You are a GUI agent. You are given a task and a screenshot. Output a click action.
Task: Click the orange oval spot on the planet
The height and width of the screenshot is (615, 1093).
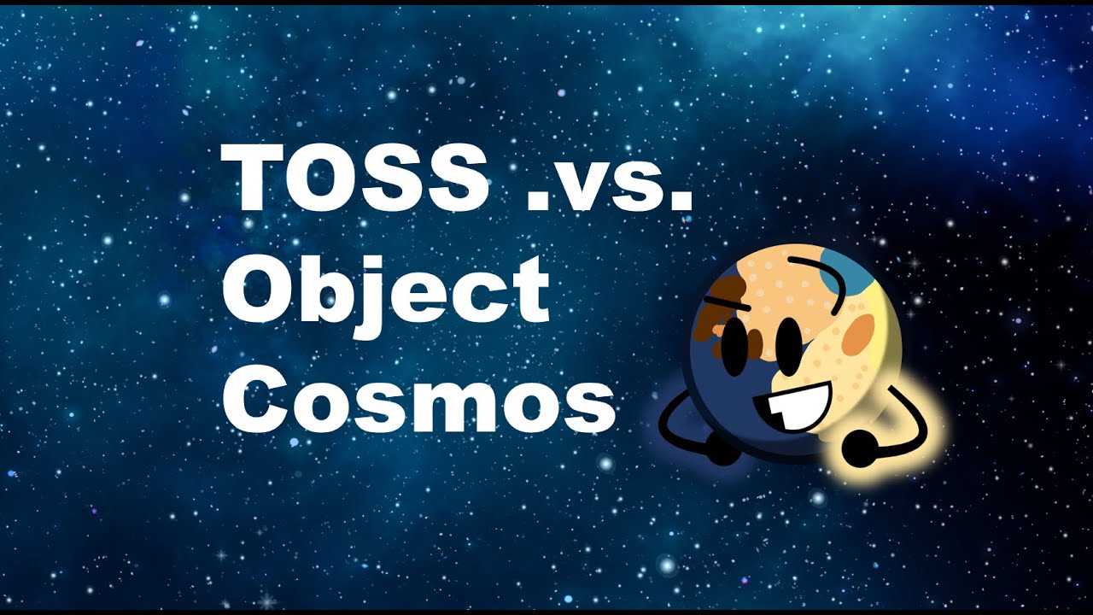click(x=855, y=334)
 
